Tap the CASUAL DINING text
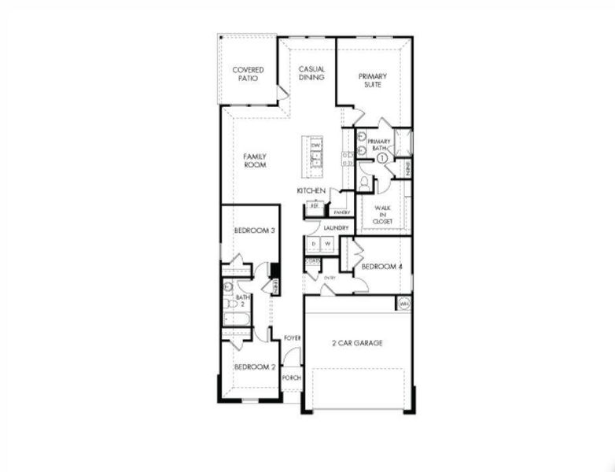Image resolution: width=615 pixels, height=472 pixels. [312, 73]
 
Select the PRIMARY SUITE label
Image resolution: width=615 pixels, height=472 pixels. [373, 79]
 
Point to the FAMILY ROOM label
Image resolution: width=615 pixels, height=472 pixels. [255, 160]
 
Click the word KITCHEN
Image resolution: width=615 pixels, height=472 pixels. [311, 191]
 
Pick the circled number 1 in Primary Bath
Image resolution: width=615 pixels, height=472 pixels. [381, 157]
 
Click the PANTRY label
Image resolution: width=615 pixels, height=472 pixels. [341, 212]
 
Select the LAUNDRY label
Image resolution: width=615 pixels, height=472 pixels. [336, 228]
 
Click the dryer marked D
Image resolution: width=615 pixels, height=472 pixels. [313, 245]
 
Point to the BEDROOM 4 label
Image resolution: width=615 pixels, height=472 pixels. [381, 267]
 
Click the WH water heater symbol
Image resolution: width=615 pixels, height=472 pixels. [404, 303]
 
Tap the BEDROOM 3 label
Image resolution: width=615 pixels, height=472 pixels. [254, 230]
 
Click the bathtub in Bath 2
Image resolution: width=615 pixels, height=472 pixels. [235, 319]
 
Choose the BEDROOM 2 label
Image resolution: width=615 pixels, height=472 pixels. [254, 367]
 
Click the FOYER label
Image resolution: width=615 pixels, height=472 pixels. [293, 338]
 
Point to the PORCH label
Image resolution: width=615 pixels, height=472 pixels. [291, 378]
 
